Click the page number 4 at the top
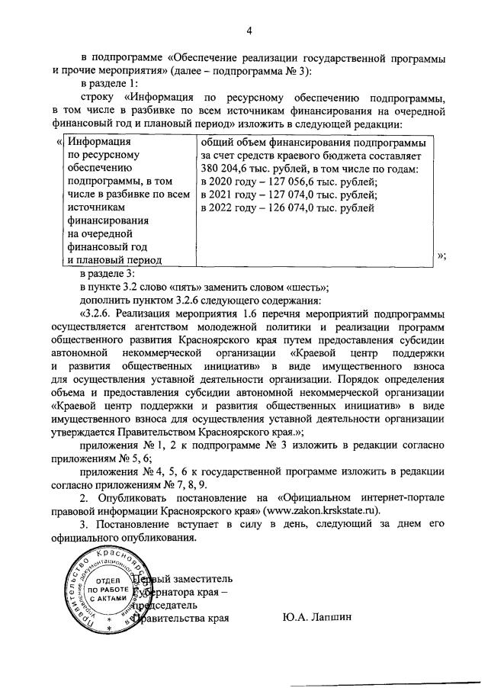(x=249, y=30)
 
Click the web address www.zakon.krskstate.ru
(x=324, y=510)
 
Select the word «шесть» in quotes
(x=305, y=287)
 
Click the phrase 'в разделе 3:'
(x=108, y=274)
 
